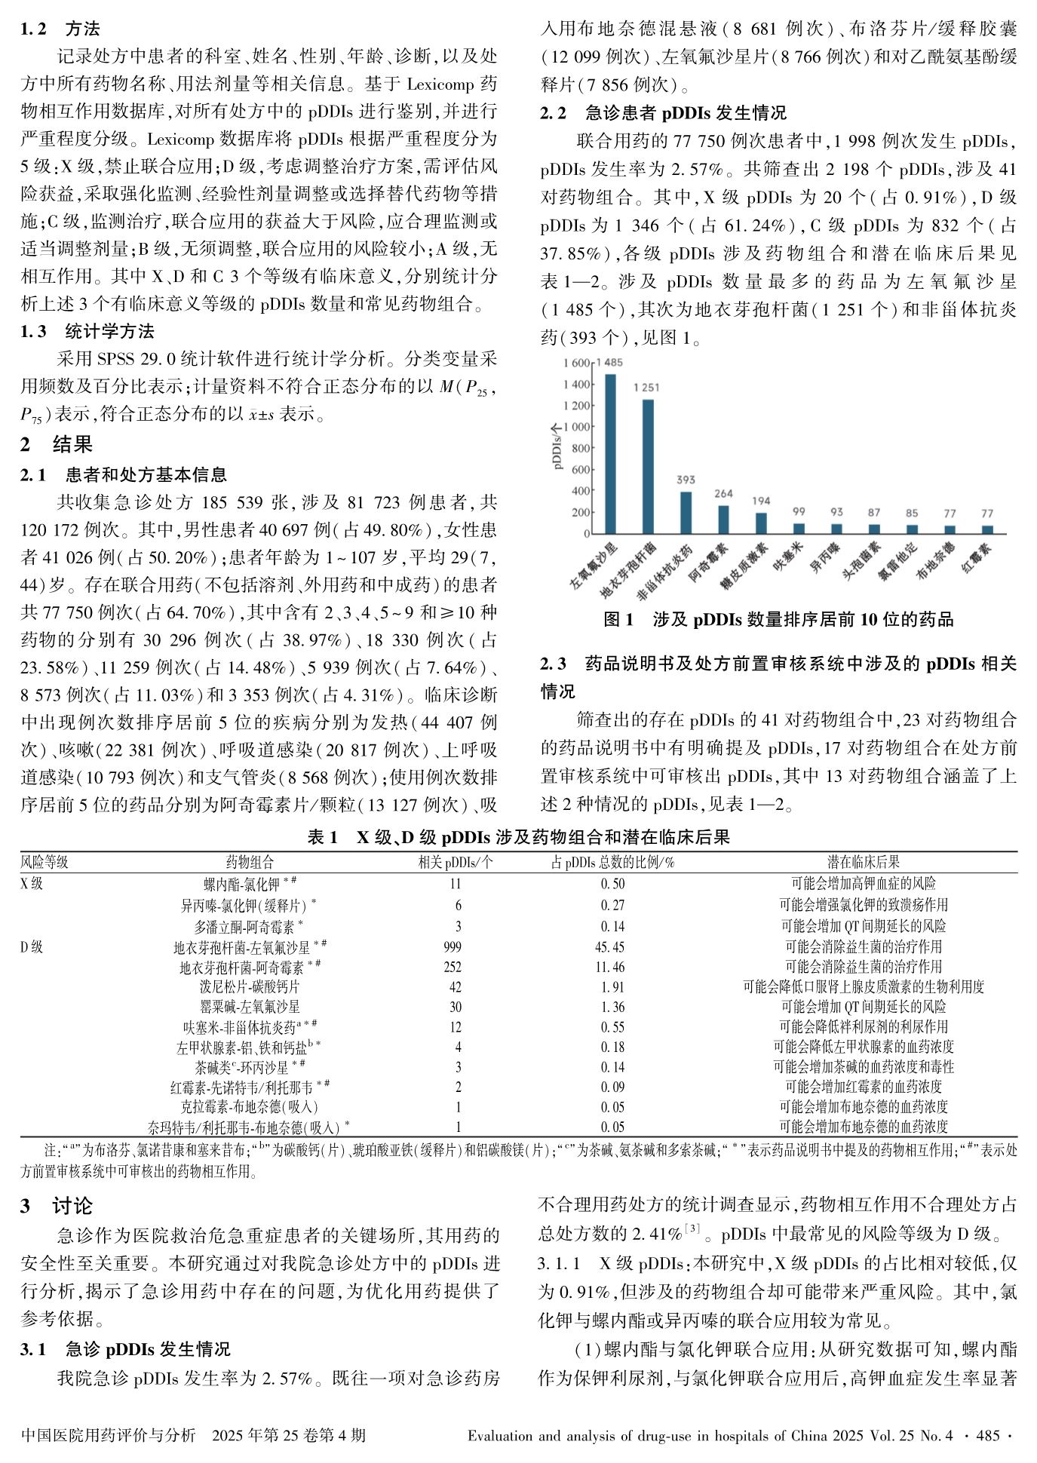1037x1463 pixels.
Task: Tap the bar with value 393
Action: pos(686,513)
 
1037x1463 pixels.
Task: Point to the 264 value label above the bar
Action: pos(723,494)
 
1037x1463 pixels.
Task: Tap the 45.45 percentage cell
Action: pos(612,947)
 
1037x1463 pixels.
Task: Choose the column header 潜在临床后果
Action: pos(864,862)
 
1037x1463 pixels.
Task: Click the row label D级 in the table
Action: pos(31,947)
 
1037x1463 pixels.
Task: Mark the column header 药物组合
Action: pos(250,862)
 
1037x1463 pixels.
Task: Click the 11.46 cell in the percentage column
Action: pos(612,967)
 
